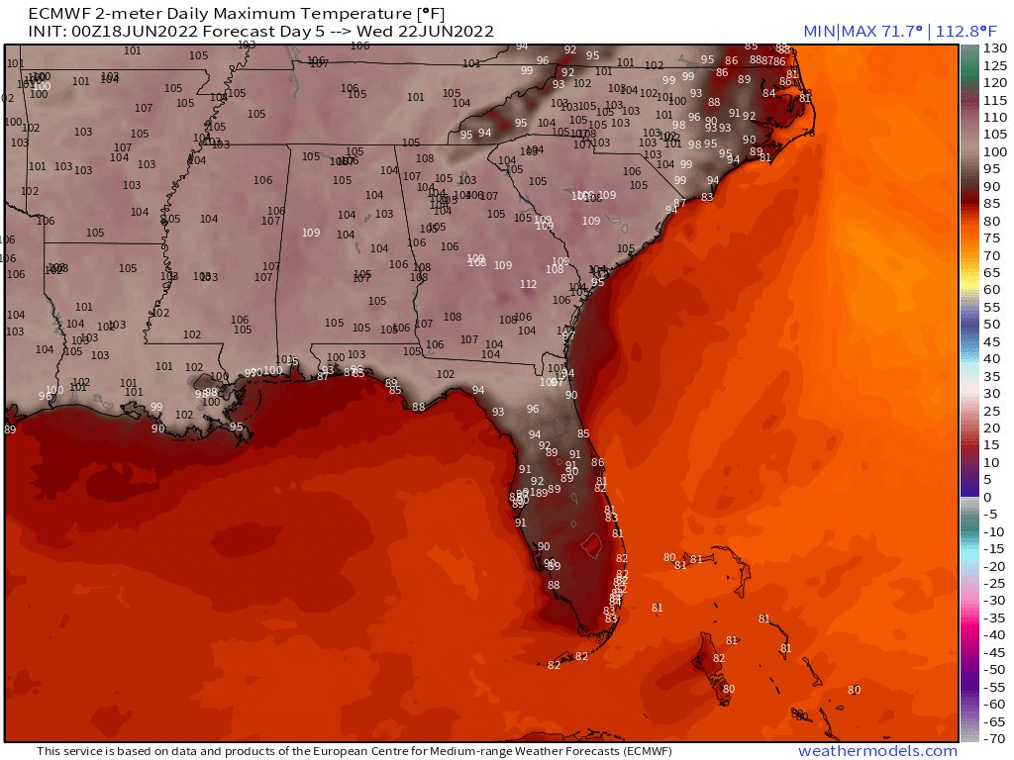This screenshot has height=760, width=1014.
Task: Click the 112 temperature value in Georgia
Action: pyautogui.click(x=528, y=284)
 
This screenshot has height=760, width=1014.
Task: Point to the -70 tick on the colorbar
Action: pyautogui.click(x=993, y=738)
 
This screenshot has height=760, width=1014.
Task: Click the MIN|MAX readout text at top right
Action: pyautogui.click(x=880, y=33)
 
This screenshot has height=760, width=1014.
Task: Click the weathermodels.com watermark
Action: pyautogui.click(x=877, y=751)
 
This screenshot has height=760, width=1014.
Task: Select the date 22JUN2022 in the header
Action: pyautogui.click(x=453, y=32)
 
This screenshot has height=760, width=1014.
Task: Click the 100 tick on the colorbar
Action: pyautogui.click(x=993, y=152)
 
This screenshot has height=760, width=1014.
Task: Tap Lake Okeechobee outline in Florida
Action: pyautogui.click(x=590, y=544)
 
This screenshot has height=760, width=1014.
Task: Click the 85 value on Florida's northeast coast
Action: pyautogui.click(x=583, y=433)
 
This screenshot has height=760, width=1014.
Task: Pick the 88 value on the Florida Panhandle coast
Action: pyautogui.click(x=418, y=407)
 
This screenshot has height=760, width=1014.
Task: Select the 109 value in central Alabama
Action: pyautogui.click(x=311, y=233)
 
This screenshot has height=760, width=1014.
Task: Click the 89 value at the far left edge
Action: pyautogui.click(x=10, y=429)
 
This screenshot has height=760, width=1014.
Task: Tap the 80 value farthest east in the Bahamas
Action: pyautogui.click(x=855, y=690)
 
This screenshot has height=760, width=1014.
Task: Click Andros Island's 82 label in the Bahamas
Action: pyautogui.click(x=719, y=658)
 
